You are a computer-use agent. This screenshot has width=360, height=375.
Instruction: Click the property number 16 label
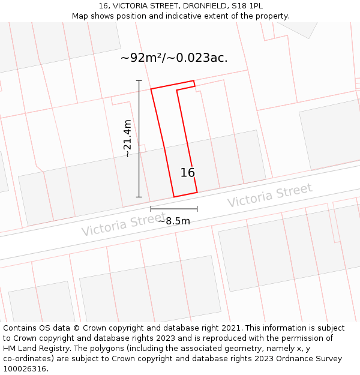click(188, 173)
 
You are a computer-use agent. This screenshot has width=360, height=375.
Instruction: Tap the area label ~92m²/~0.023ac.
click(174, 58)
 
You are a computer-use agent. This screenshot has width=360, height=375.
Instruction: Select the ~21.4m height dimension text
click(127, 139)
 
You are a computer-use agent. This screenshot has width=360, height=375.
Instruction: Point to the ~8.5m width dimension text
click(174, 221)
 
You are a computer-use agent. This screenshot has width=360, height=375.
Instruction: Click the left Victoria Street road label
click(124, 225)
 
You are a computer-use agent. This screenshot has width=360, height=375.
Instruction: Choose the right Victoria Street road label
click(269, 196)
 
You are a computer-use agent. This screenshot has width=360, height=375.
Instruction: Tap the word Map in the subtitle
click(80, 16)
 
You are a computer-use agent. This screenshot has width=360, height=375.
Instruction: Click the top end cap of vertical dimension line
click(139, 80)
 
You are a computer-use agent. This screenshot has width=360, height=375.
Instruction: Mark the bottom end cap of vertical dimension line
click(139, 197)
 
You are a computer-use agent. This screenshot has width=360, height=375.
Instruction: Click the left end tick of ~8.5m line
click(151, 209)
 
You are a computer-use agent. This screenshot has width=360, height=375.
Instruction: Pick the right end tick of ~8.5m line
click(197, 209)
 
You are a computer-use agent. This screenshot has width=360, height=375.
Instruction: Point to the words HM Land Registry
click(34, 349)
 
